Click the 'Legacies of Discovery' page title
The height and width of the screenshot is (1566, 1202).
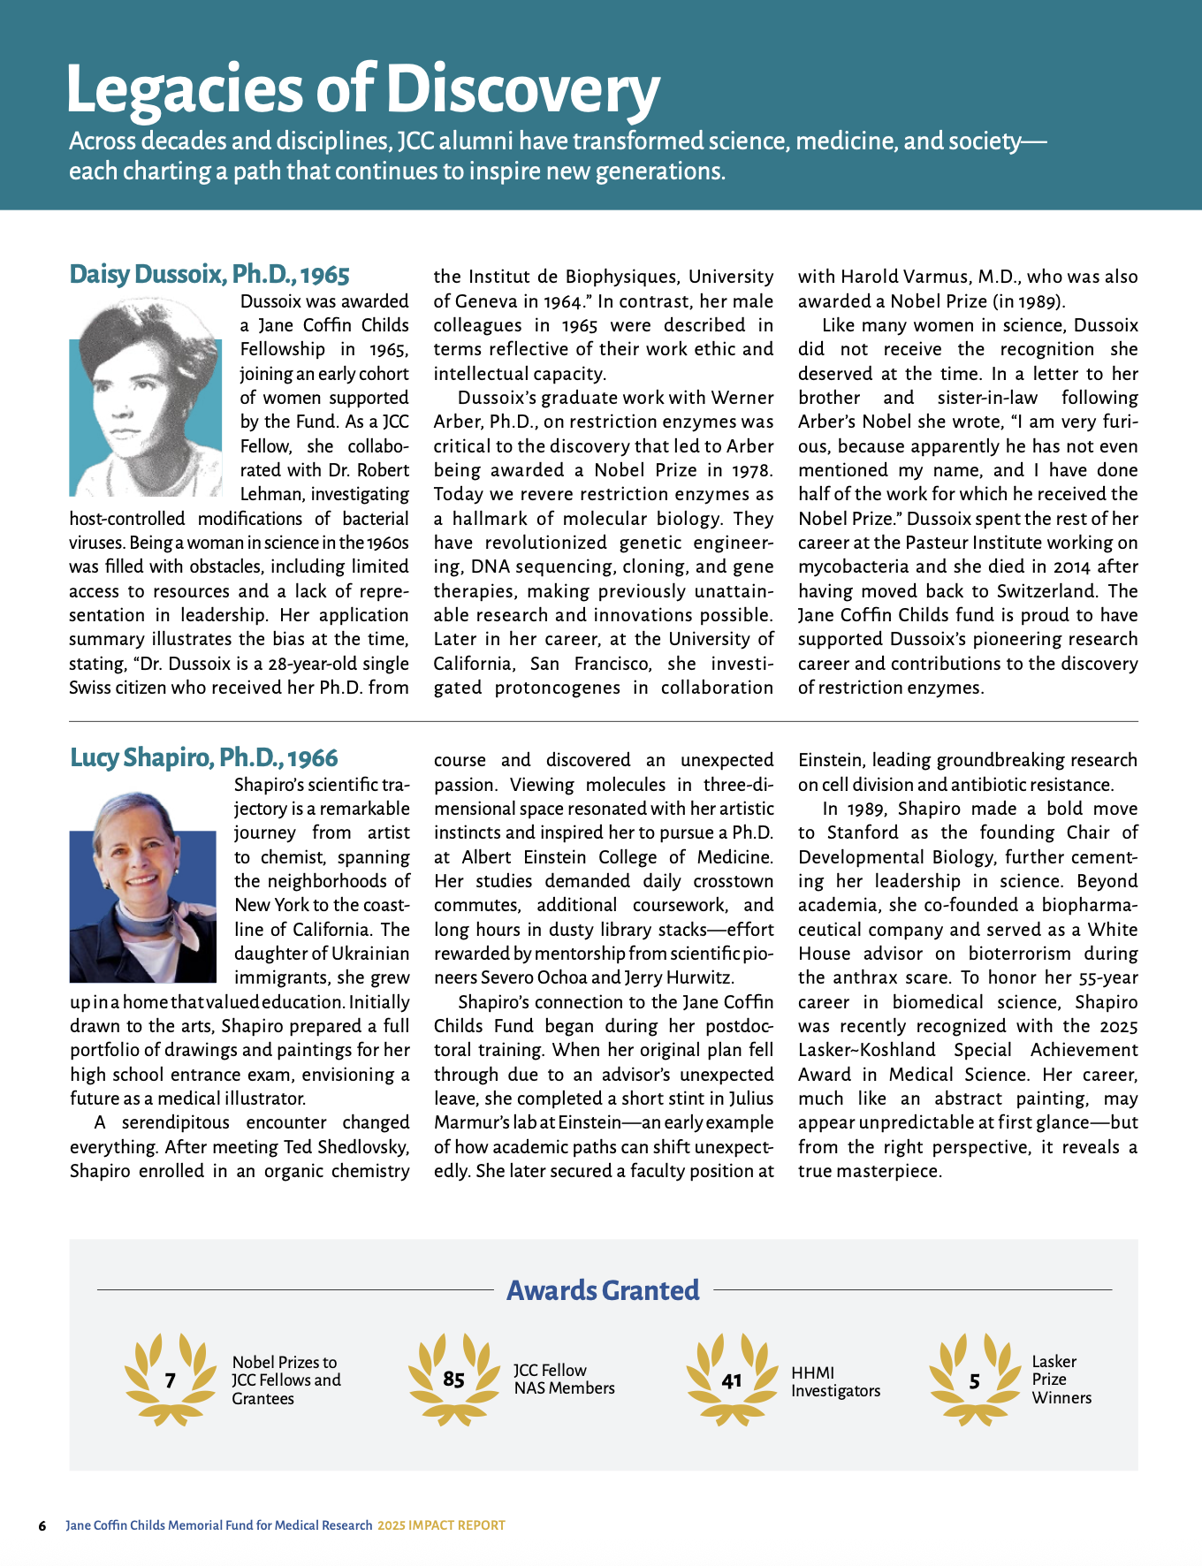click(362, 89)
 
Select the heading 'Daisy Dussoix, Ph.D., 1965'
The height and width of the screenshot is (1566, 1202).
click(209, 274)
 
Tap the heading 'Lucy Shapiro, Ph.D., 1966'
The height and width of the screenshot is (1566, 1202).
click(204, 757)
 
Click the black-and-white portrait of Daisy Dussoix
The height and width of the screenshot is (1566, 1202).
click(146, 397)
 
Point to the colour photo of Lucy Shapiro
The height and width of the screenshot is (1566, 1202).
click(143, 886)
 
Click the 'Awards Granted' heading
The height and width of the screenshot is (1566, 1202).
click(603, 1290)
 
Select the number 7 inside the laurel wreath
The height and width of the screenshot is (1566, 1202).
click(171, 1380)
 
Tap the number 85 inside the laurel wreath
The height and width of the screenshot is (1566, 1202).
click(454, 1380)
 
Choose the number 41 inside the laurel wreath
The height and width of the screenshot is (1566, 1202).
click(732, 1380)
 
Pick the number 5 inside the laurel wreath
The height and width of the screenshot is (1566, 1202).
click(974, 1381)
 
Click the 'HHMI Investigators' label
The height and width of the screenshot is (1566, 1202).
click(835, 1381)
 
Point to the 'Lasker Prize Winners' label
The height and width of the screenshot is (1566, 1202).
click(1061, 1380)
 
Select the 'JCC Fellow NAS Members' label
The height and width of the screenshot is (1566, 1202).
click(564, 1379)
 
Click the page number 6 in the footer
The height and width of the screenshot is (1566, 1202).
click(42, 1525)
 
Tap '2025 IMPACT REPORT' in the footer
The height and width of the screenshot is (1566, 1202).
click(441, 1525)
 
